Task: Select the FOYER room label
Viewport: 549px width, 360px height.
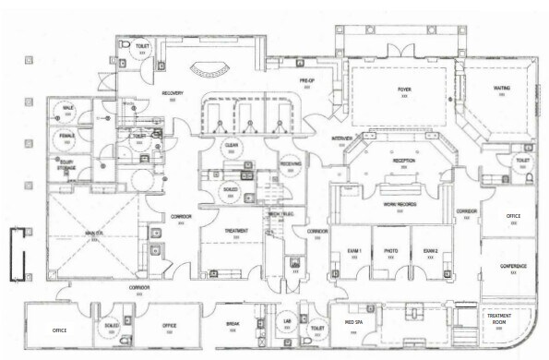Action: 403,90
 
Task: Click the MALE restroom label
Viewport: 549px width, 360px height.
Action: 67,109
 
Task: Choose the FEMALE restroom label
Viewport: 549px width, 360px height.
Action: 67,136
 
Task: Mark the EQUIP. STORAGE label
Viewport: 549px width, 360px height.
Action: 66,164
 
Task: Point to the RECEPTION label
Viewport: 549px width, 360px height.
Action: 403,161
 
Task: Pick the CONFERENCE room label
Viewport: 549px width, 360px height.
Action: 513,267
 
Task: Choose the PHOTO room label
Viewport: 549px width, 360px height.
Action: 390,251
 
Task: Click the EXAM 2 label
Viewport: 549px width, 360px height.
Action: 430,251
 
